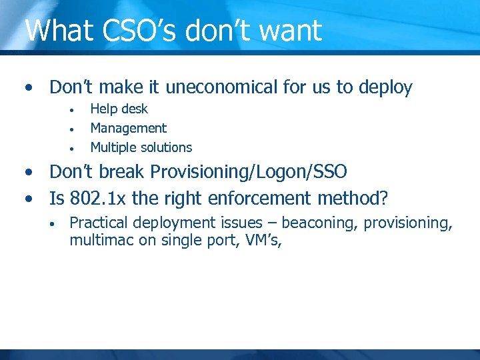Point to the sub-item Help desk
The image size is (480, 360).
119,109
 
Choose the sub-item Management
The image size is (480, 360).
128,128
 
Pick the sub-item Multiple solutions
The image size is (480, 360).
141,147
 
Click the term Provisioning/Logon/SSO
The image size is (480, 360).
249,172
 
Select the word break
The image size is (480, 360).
123,172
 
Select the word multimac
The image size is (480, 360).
101,241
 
